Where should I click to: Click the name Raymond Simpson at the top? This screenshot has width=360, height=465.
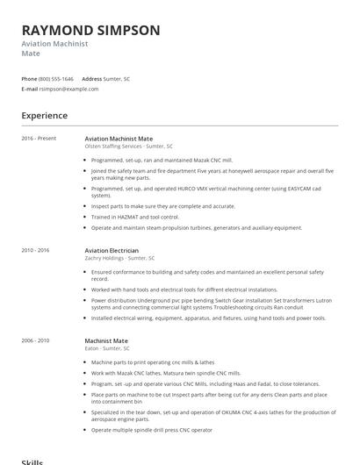pos(90,30)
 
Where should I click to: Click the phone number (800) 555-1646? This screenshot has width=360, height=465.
pos(57,79)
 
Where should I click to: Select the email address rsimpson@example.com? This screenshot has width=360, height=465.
pos(69,89)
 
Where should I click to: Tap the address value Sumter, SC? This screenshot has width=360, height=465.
pos(118,79)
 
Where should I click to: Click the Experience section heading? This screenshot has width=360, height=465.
pos(44,116)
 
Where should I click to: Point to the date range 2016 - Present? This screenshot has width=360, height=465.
pos(39,139)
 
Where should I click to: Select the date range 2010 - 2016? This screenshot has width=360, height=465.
pos(36,250)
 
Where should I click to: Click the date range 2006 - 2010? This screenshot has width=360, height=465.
pos(36,340)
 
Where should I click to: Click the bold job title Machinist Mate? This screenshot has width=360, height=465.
pos(106,340)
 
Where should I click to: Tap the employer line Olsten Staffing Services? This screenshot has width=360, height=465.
pos(128,147)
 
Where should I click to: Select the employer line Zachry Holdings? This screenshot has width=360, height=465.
pos(119,258)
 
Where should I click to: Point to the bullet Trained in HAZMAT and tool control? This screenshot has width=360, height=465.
pos(135,217)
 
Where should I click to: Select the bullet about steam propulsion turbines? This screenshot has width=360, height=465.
pos(196,227)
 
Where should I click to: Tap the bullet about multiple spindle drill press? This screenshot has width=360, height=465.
pos(151,430)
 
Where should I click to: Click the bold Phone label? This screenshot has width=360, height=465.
pos(30,79)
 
